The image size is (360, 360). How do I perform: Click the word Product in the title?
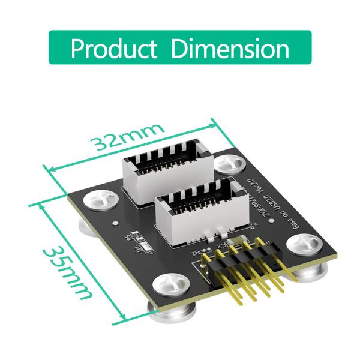115,48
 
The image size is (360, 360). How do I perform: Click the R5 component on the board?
130,238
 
